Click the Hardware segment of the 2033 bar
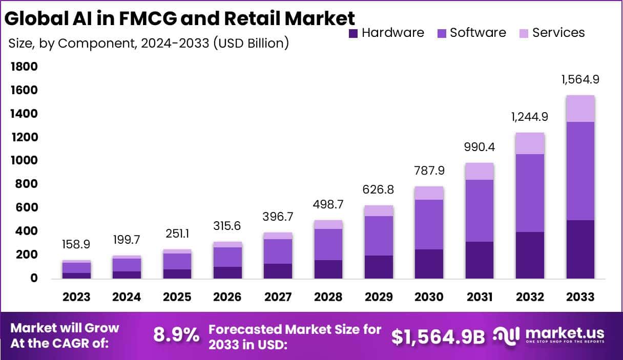[x=580, y=249]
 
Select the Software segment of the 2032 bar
[x=530, y=193]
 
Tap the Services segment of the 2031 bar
[x=480, y=171]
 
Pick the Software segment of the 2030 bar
[x=429, y=224]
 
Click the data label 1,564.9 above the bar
[x=580, y=79]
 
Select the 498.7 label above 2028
[x=328, y=204]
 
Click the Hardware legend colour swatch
[x=353, y=33]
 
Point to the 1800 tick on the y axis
[x=24, y=67]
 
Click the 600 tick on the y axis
[x=27, y=208]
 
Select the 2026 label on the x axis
[x=227, y=297]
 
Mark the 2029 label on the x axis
[x=379, y=297]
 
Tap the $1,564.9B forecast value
[x=438, y=336]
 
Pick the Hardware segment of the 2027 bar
[x=278, y=271]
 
